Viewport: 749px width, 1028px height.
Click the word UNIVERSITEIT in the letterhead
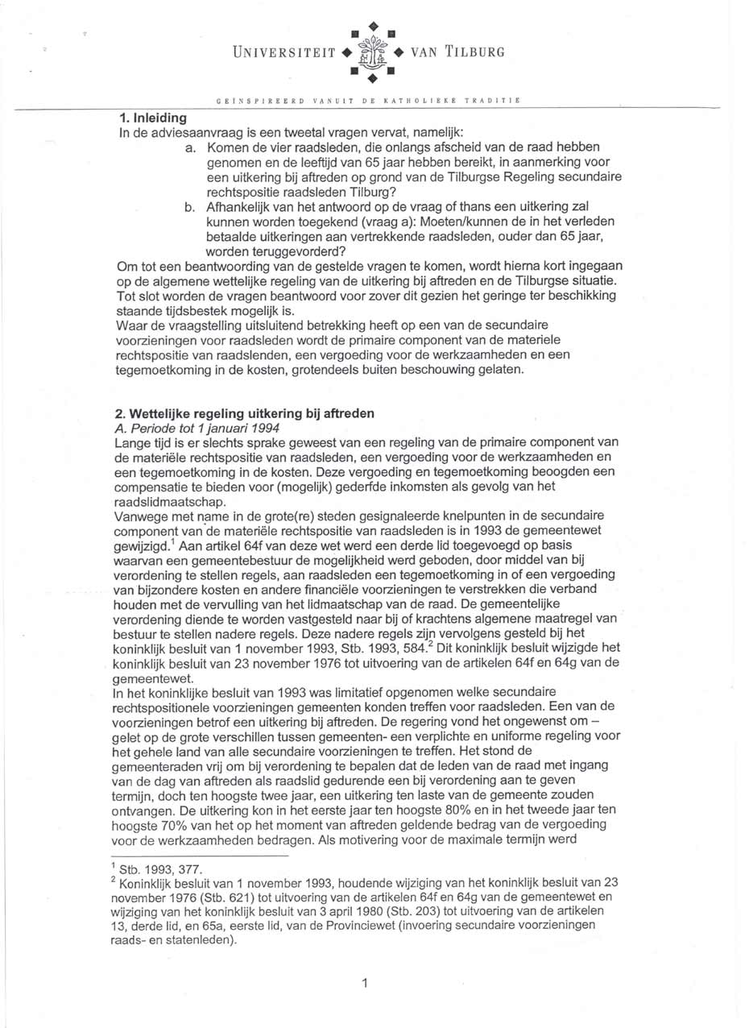tap(284, 54)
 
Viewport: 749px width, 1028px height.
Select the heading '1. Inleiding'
tap(153, 118)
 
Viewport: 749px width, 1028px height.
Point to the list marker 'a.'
tap(189, 149)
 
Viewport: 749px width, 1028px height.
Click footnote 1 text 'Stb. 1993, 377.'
tap(160, 868)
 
